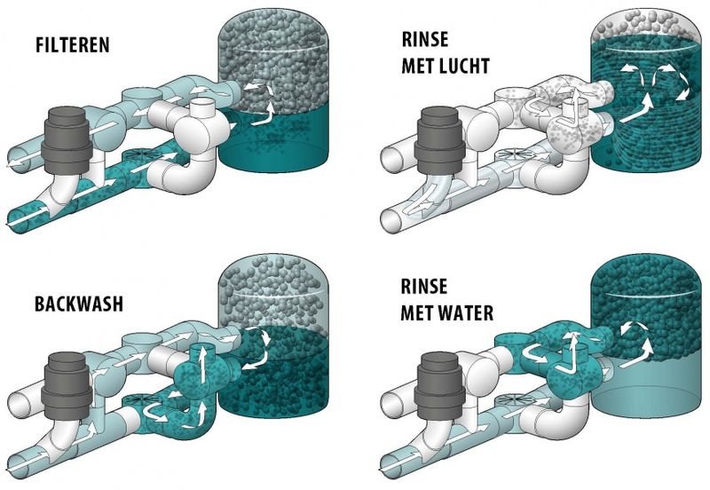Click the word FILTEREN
coord(73,45)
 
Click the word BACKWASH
coord(79,304)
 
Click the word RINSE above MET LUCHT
coord(425,39)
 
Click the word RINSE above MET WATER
coord(424,286)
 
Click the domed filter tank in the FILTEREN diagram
coord(273,91)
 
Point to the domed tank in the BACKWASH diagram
coord(273,336)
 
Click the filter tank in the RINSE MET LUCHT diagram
coord(647,91)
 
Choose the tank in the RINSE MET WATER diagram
coord(647,336)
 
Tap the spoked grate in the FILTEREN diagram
coord(140,154)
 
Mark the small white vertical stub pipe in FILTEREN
coord(204,107)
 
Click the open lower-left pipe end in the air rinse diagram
coord(390,220)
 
